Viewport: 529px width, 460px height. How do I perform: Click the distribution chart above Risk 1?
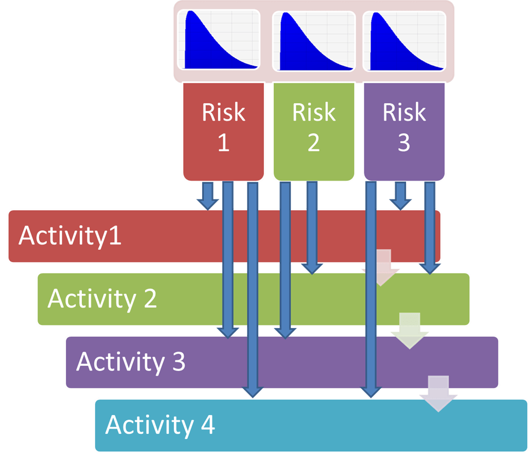coord(219,40)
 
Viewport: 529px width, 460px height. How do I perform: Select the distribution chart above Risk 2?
coord(314,40)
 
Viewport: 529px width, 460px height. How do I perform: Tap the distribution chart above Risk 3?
coord(404,40)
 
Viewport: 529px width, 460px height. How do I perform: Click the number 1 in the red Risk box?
coord(223,143)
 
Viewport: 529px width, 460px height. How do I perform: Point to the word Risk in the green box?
coord(314,112)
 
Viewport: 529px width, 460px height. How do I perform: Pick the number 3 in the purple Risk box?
coord(404,143)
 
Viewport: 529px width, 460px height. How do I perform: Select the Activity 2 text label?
coord(102,298)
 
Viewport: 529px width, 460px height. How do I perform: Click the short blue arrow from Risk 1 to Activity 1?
coord(207,195)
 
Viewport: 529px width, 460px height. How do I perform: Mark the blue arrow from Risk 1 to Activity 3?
coord(227,258)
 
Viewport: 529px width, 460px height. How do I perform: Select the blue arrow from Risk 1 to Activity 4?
coord(253,288)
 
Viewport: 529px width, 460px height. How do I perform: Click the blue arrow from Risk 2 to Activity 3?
coord(285,258)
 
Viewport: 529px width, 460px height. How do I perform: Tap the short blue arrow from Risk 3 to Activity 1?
coord(400,195)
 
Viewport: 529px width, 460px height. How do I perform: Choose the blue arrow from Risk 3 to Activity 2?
coord(429,227)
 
